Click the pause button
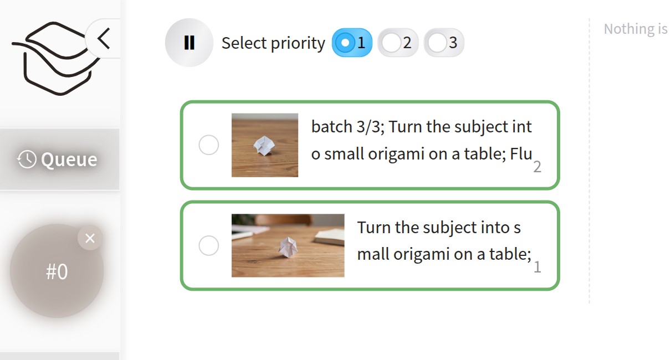(x=189, y=43)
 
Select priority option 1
(x=352, y=43)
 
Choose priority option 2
(x=398, y=43)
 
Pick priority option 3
(x=444, y=43)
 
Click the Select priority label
(x=273, y=43)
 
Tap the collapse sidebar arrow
(x=104, y=38)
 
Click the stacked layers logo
(x=55, y=58)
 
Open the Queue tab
(x=60, y=160)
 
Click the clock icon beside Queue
(x=27, y=160)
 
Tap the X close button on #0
(x=90, y=238)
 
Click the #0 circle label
(x=57, y=271)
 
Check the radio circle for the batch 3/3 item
(x=209, y=145)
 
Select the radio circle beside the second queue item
(x=209, y=245)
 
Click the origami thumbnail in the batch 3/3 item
(x=265, y=145)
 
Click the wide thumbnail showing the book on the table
(x=288, y=245)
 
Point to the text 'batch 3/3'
(x=348, y=127)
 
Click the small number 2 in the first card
(x=537, y=167)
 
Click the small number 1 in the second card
(x=537, y=267)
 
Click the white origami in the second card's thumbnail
(x=288, y=248)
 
